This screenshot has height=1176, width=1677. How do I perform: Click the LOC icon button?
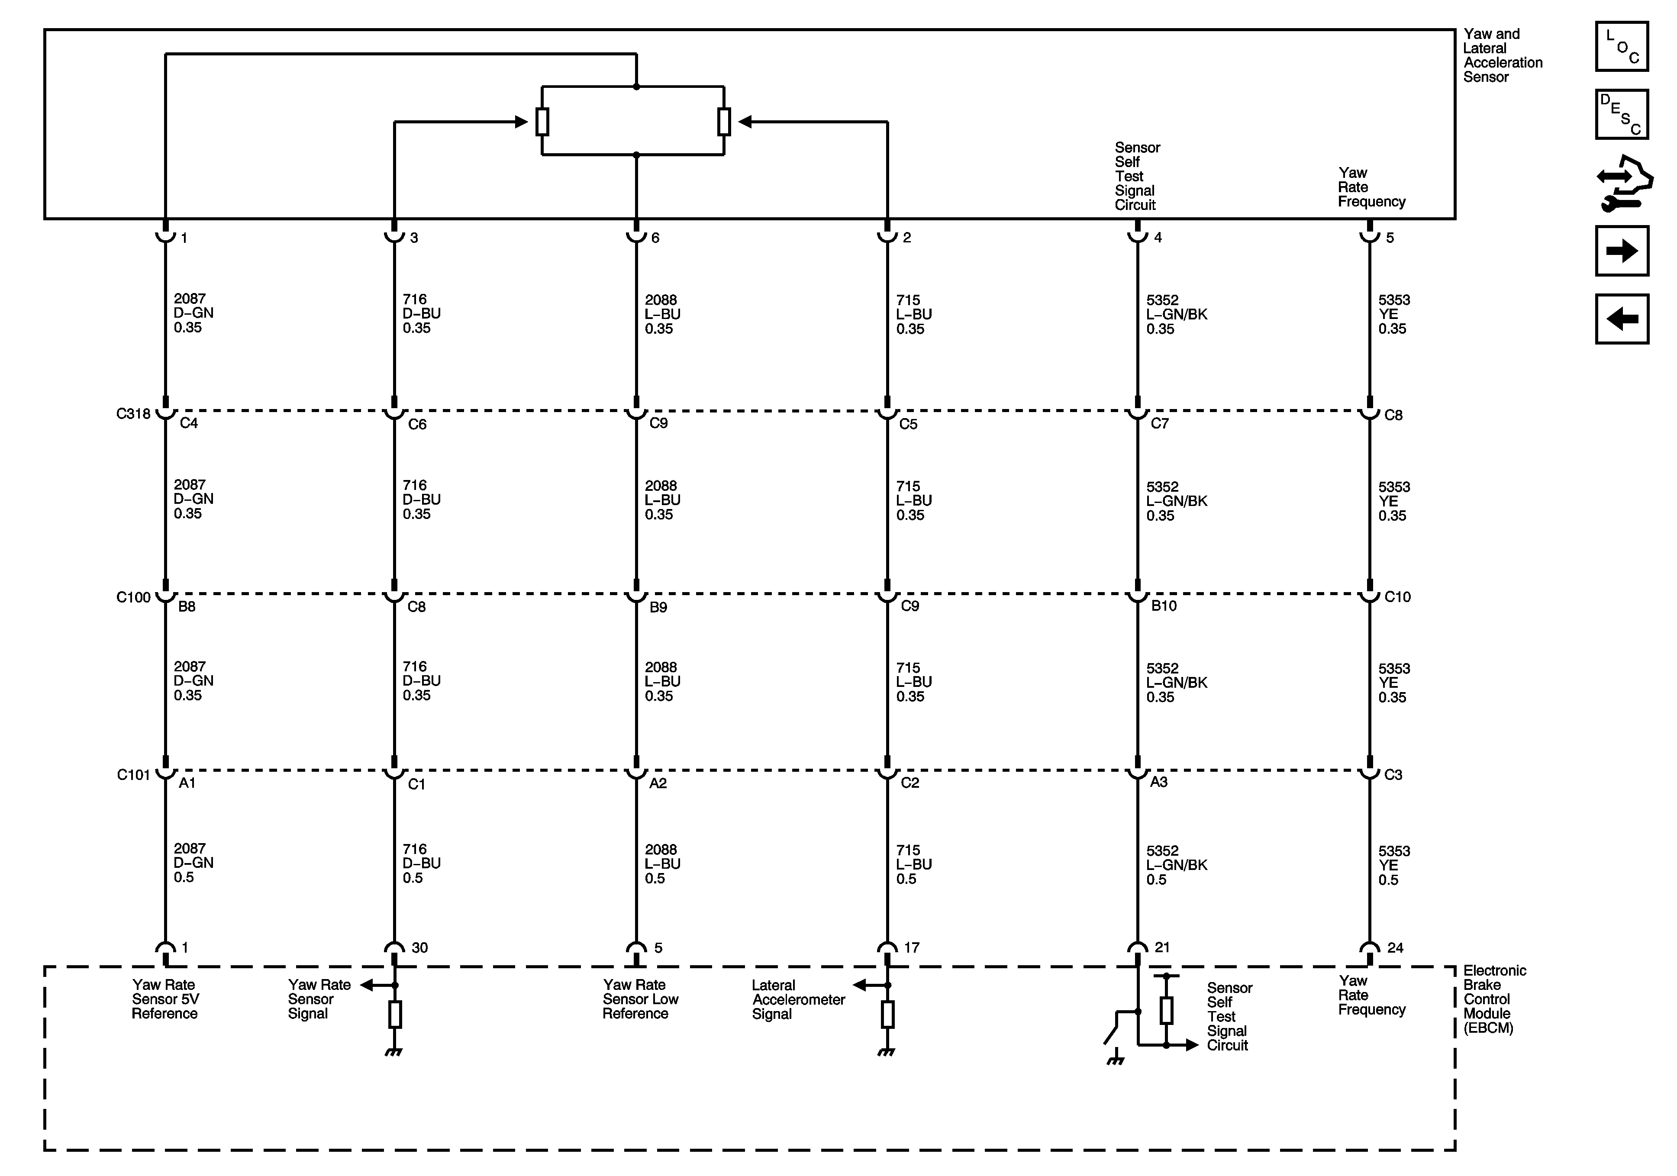point(1622,47)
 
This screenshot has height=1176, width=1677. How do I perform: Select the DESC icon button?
point(1622,114)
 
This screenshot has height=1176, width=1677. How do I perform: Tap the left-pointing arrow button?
point(1622,319)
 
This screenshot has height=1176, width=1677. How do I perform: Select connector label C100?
point(133,597)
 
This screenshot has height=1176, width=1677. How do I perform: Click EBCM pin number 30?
point(419,947)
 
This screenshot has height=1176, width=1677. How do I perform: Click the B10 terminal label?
point(1164,606)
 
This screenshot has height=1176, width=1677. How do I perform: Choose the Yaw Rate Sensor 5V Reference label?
point(164,999)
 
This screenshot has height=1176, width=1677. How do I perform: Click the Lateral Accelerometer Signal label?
point(798,999)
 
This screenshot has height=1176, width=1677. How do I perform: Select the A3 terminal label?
point(1158,782)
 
